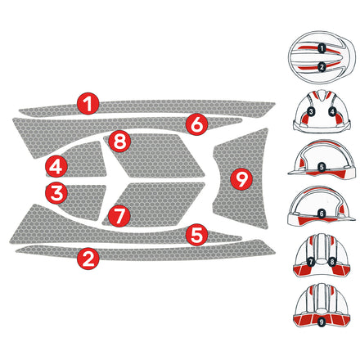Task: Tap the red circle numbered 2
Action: tap(88, 259)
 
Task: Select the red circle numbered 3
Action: tap(56, 193)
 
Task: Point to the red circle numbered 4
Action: tap(56, 166)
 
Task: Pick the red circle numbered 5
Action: tap(196, 235)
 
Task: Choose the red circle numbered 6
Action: tap(196, 124)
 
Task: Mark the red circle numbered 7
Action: tap(120, 216)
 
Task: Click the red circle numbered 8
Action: tap(120, 141)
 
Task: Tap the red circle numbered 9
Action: tap(240, 178)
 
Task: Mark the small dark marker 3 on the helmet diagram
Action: tap(311, 110)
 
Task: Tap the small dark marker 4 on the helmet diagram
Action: tap(333, 110)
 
